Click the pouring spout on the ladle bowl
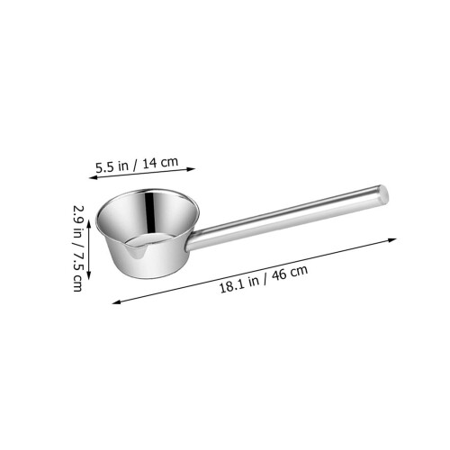pyautogui.click(x=136, y=251)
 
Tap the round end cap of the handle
pyautogui.click(x=383, y=194)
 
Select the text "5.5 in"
pyautogui.click(x=112, y=166)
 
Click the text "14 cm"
pyautogui.click(x=160, y=163)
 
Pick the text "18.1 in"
pyautogui.click(x=239, y=284)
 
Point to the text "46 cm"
pyautogui.click(x=290, y=273)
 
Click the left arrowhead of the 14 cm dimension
pyautogui.click(x=93, y=178)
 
